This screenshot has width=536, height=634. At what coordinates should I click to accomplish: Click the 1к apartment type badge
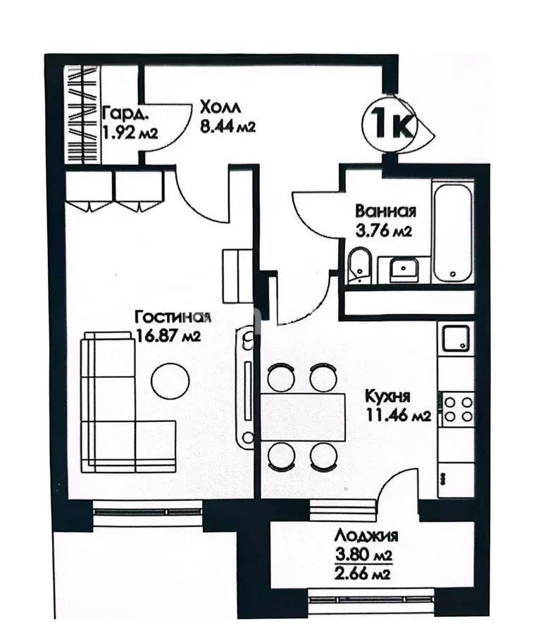point(390,126)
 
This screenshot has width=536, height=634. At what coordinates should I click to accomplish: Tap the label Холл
point(220,108)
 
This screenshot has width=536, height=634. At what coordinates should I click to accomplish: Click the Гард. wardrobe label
point(125,113)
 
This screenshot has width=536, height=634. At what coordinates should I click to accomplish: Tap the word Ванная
point(385,211)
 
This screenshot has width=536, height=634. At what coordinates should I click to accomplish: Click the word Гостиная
point(173,318)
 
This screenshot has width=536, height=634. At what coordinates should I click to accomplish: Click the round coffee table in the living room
point(170,380)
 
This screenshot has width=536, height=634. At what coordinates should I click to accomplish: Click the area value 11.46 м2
point(398,415)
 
